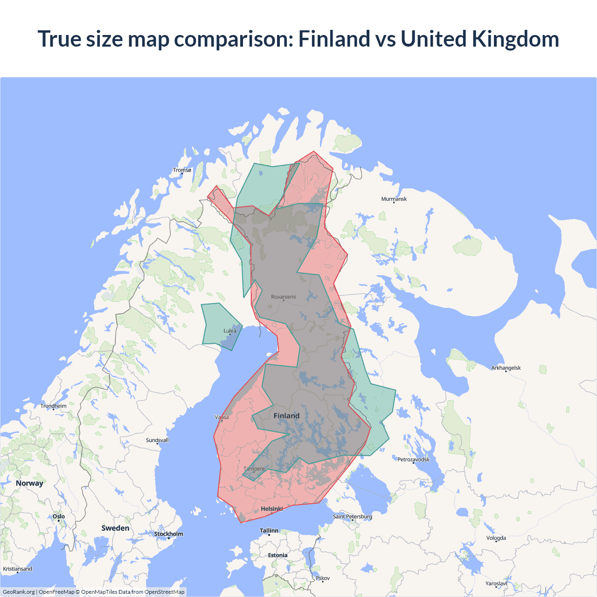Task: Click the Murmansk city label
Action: coord(394,199)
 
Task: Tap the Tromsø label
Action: coord(182,170)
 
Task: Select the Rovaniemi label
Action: coord(284,297)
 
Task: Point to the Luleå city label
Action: coord(230,331)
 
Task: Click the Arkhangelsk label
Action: coord(506,368)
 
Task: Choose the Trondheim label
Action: coord(53,406)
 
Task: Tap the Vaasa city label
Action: coord(222,417)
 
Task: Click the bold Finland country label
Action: coord(286,416)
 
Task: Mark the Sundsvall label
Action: coord(157,440)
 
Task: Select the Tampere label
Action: coord(254,469)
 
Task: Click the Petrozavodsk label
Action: coord(413,460)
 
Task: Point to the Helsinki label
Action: coord(272,509)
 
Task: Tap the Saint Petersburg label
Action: coord(352,517)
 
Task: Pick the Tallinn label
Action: coord(269,531)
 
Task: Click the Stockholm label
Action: coord(168,534)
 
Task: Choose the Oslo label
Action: coord(59,517)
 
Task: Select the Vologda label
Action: coord(496,538)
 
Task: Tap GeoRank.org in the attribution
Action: coord(19,592)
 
